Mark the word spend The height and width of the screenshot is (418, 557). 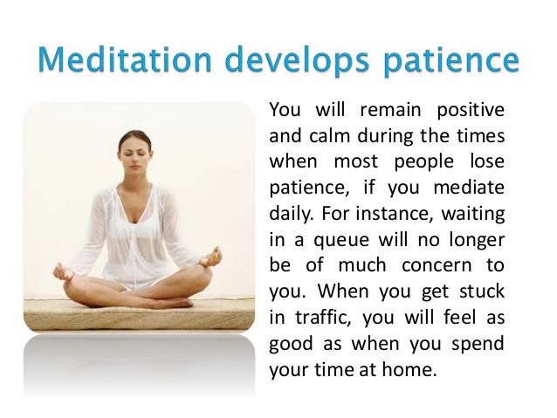click(x=478, y=343)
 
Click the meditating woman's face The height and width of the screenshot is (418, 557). click(x=135, y=149)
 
